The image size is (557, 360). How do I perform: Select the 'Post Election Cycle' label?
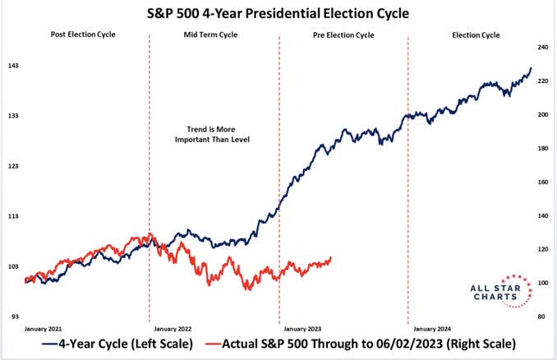point(84,35)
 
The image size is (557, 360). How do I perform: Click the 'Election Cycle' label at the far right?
point(476,35)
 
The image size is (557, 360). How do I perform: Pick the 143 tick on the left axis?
point(13,65)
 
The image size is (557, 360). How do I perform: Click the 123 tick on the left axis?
point(13,166)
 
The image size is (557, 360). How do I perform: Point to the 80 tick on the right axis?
point(542,316)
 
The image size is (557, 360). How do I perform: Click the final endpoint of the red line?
point(331,258)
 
